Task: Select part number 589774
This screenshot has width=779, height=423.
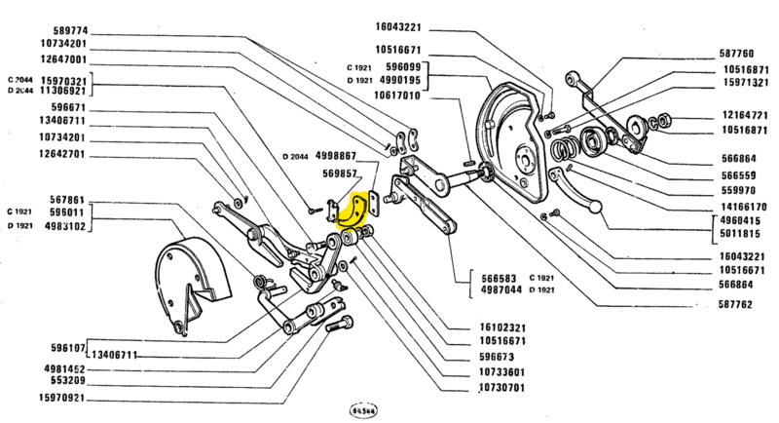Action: pyautogui.click(x=66, y=30)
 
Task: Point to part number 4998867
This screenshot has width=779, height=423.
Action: pyautogui.click(x=333, y=156)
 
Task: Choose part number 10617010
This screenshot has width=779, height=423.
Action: pyautogui.click(x=424, y=96)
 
